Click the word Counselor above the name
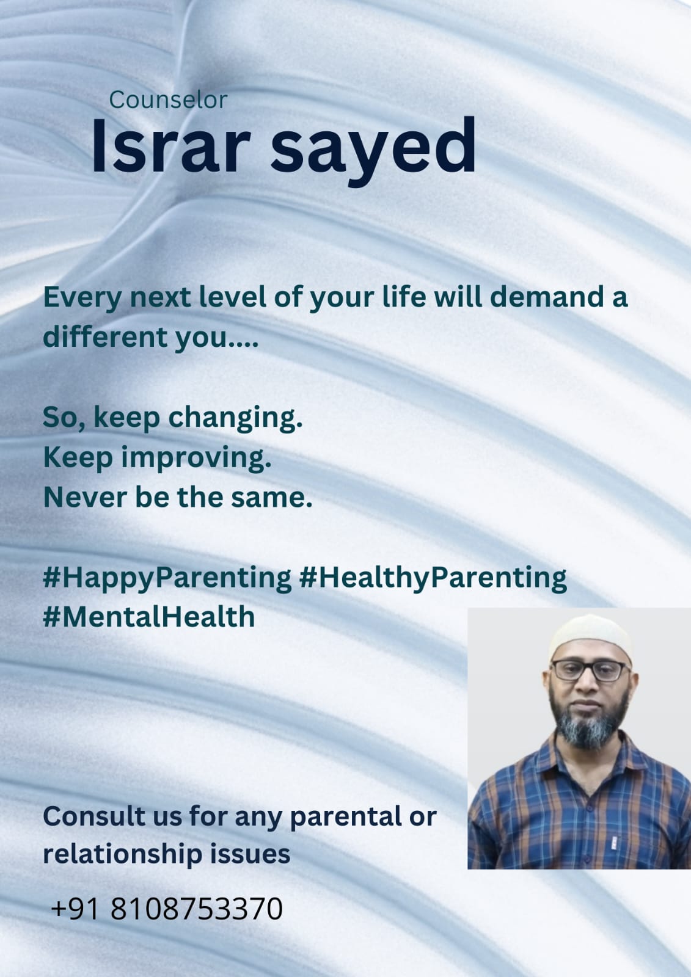(x=168, y=100)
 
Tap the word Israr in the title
(x=170, y=145)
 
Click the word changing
(x=235, y=418)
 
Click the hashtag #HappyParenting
(x=167, y=579)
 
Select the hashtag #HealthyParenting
(x=433, y=579)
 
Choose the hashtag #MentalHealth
(x=149, y=617)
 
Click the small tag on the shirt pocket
(x=614, y=842)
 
